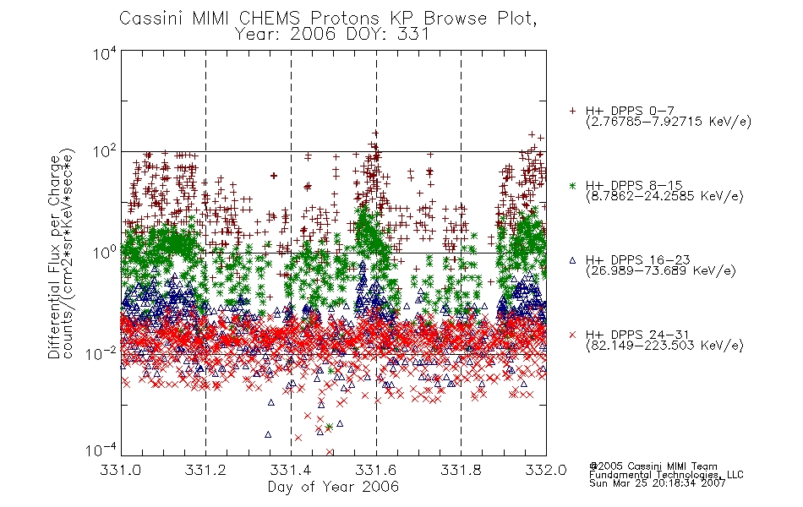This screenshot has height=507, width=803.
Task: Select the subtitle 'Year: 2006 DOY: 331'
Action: pos(332,35)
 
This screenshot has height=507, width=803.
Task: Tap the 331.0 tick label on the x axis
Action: pos(120,470)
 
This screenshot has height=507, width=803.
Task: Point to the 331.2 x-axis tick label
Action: pos(205,470)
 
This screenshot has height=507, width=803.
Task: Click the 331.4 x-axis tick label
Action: pos(291,470)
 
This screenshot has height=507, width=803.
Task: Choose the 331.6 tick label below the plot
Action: pos(376,470)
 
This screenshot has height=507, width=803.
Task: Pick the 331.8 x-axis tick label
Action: pos(461,470)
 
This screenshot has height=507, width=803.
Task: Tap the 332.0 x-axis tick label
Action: pos(546,470)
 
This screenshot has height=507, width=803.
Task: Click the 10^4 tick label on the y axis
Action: pos(105,54)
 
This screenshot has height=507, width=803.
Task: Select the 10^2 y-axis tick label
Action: pos(105,152)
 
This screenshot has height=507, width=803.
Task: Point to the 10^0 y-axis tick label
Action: pos(105,253)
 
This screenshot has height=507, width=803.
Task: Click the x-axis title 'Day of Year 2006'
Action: pos(333,487)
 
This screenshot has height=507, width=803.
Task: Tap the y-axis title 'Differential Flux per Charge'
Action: pos(54,257)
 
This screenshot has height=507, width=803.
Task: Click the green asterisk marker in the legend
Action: pos(572,186)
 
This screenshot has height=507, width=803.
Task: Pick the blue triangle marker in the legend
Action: pos(572,260)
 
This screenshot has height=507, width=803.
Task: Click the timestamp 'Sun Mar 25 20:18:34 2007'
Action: pos(658,483)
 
